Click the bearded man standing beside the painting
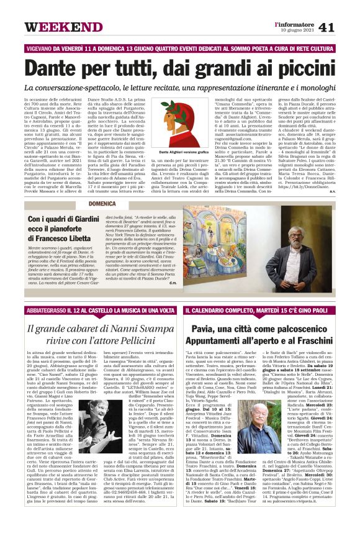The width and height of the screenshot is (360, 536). tap(317, 244)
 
